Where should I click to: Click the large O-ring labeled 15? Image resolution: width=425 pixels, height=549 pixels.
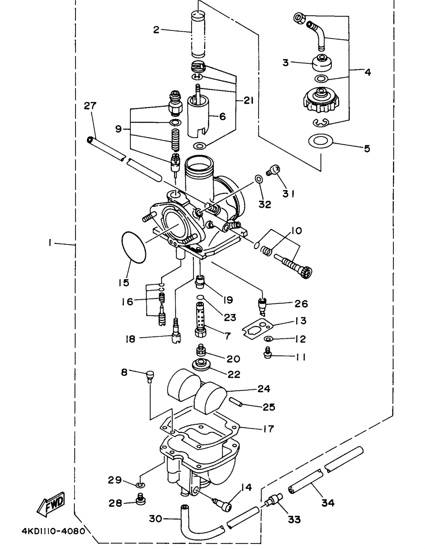tap(134, 247)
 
